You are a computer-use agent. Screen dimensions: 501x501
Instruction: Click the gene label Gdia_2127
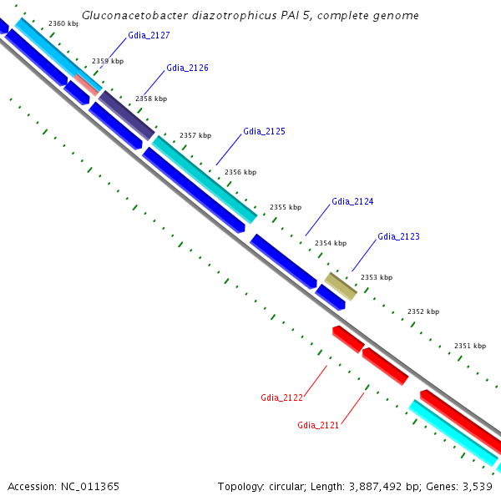149,35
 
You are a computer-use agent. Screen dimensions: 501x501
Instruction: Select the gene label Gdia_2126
187,68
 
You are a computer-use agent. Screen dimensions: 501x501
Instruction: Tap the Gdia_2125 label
264,131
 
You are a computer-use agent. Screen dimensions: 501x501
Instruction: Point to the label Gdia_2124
352,201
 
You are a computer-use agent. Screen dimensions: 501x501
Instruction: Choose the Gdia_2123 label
398,236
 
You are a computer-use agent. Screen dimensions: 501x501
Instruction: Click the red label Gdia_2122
281,397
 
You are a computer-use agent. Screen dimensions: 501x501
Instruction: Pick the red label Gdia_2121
318,426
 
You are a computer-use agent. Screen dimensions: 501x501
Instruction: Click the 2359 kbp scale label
107,61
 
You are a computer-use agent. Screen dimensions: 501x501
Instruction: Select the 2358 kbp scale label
151,99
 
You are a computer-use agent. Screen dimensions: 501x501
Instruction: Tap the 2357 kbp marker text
195,135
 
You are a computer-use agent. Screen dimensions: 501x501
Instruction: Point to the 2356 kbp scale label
240,172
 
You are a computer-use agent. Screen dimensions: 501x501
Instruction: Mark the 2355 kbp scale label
285,207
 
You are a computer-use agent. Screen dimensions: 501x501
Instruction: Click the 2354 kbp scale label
330,243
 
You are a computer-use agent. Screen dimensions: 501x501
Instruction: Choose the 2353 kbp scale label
376,277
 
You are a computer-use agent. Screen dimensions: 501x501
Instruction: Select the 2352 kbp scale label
423,311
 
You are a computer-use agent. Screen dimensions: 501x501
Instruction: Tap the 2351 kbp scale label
469,346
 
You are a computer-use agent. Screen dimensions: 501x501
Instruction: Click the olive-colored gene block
341,286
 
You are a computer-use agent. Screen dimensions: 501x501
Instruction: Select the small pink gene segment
86,83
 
